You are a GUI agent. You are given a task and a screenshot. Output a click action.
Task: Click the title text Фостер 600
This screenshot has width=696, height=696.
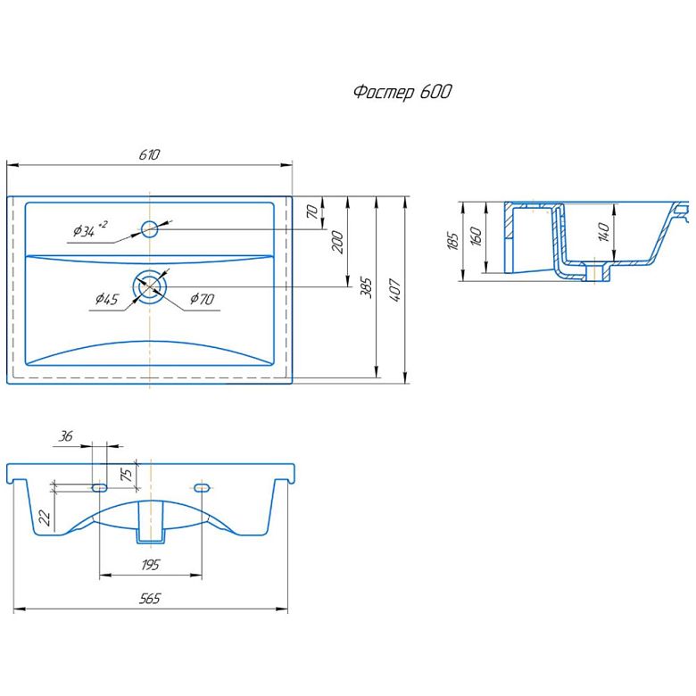click(402, 92)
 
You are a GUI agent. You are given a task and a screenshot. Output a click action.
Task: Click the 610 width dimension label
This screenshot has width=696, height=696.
click(149, 154)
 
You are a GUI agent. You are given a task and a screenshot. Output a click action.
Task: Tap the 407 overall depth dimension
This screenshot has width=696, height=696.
click(395, 290)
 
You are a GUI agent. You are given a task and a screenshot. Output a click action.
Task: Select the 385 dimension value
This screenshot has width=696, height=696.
click(366, 287)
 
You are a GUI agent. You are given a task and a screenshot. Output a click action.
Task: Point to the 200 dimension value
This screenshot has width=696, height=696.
click(338, 242)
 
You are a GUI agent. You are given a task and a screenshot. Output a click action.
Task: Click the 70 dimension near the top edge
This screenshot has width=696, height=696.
click(312, 211)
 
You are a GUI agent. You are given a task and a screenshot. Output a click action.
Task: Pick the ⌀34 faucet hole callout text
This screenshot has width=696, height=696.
click(90, 229)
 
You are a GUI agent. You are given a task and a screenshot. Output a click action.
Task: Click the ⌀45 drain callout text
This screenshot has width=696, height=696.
click(106, 299)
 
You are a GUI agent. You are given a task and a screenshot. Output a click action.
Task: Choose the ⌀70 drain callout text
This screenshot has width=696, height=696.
click(203, 299)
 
